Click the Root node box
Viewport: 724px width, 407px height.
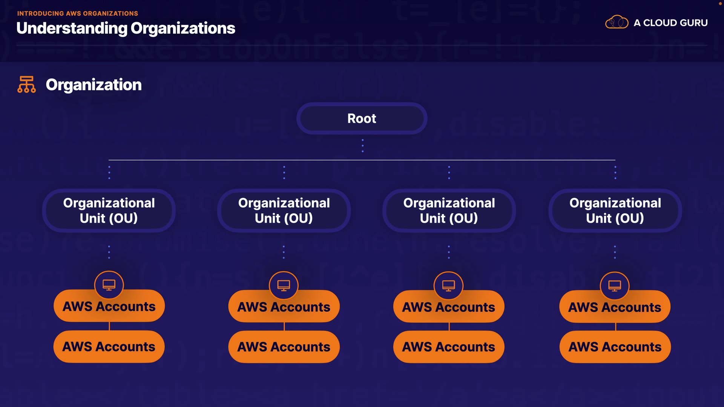(362, 118)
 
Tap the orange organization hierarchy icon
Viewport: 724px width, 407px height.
(26, 84)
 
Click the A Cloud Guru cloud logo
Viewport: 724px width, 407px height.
(617, 22)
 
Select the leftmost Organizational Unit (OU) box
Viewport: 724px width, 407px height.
(109, 211)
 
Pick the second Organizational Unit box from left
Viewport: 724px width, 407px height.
(284, 211)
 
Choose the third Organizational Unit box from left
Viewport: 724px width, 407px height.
(449, 211)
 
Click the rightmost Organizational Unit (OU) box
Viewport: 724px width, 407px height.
(615, 211)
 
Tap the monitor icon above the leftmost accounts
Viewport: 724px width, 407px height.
(109, 285)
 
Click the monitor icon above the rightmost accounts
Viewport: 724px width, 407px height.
(615, 286)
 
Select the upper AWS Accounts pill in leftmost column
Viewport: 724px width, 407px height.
(109, 307)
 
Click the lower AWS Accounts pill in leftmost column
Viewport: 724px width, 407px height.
(109, 347)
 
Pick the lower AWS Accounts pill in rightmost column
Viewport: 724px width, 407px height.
(615, 347)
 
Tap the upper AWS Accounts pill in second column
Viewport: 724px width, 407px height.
(284, 307)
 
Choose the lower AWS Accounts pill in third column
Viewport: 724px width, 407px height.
(449, 347)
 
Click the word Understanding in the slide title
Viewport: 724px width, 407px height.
(72, 29)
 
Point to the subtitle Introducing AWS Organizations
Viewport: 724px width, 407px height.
(78, 14)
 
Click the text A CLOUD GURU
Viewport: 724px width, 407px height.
(670, 23)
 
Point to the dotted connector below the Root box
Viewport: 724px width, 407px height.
(363, 145)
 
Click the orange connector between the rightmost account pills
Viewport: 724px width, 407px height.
(615, 326)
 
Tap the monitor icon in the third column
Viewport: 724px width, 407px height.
(449, 286)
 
